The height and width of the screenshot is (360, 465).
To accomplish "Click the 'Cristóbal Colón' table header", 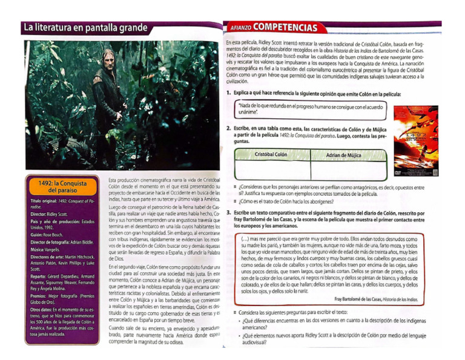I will click(271, 155).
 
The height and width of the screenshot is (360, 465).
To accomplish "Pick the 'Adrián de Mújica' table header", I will click(343, 155).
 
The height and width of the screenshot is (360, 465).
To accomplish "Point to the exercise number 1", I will click(228, 94).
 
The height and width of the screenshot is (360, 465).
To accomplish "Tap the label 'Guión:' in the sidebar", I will click(35, 233).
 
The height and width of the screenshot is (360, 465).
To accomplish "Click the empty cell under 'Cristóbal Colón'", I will click(271, 170).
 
